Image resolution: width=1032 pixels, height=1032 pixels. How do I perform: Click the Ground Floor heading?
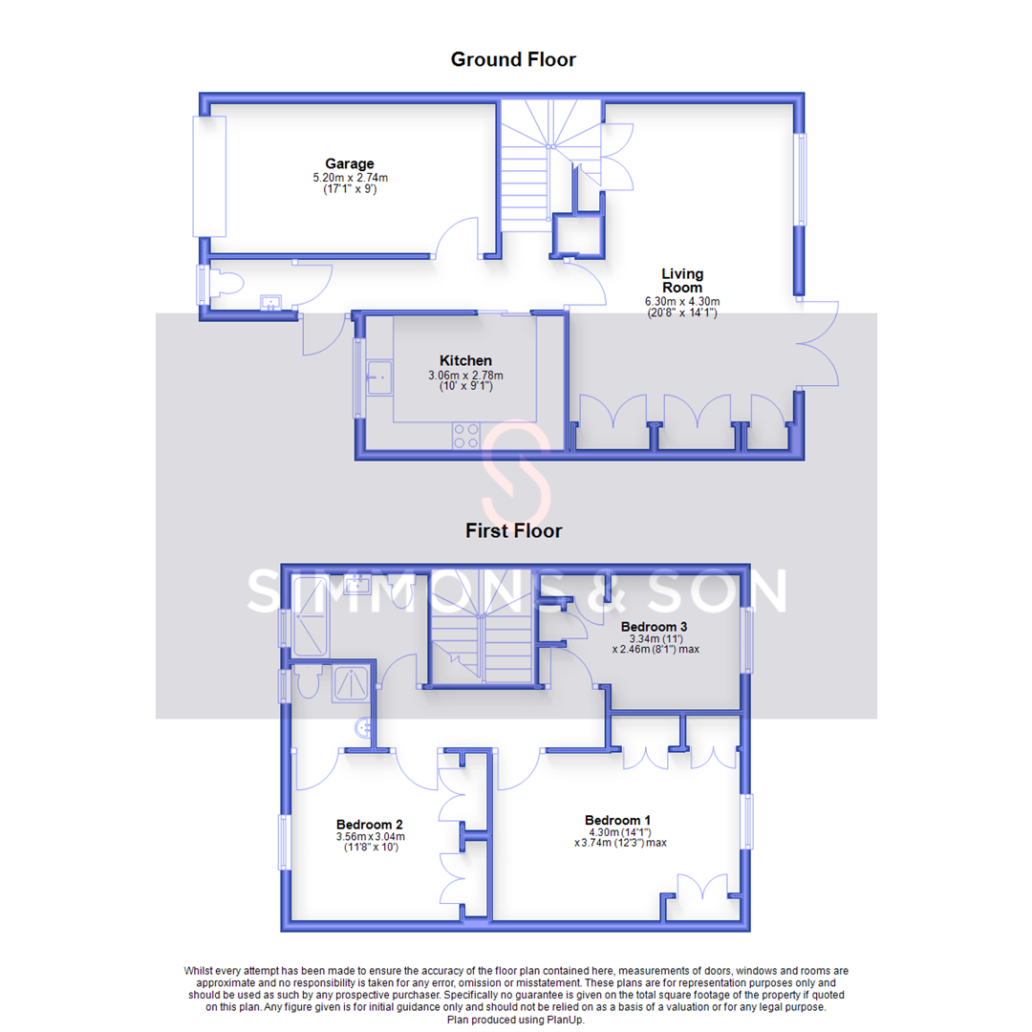click(x=513, y=59)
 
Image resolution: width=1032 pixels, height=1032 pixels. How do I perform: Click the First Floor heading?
click(x=513, y=530)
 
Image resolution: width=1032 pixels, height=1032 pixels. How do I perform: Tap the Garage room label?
click(x=349, y=163)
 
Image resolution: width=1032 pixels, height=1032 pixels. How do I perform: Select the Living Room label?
click(x=681, y=281)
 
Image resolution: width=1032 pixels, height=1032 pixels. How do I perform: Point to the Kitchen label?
click(x=465, y=360)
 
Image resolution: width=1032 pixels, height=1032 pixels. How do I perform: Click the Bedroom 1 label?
click(x=618, y=820)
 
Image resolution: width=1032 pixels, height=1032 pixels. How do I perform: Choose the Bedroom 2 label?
click(x=369, y=825)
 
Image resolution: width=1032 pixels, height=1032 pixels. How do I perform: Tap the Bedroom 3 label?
click(x=654, y=627)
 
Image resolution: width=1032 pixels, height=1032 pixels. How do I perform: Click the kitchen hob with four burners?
click(x=466, y=436)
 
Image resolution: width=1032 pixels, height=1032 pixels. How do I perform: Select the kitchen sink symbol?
click(x=378, y=377)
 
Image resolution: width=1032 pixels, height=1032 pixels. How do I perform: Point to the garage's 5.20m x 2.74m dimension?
click(x=349, y=178)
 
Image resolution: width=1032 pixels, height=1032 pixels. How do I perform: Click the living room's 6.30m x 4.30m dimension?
click(x=681, y=301)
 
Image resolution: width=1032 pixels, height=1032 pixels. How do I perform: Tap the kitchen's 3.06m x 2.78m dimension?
click(x=465, y=376)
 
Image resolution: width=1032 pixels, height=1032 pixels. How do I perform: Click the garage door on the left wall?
click(x=209, y=176)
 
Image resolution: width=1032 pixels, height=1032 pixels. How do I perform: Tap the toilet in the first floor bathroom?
click(x=307, y=685)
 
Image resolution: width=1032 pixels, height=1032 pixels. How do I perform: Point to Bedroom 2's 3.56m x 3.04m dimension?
click(x=369, y=837)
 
